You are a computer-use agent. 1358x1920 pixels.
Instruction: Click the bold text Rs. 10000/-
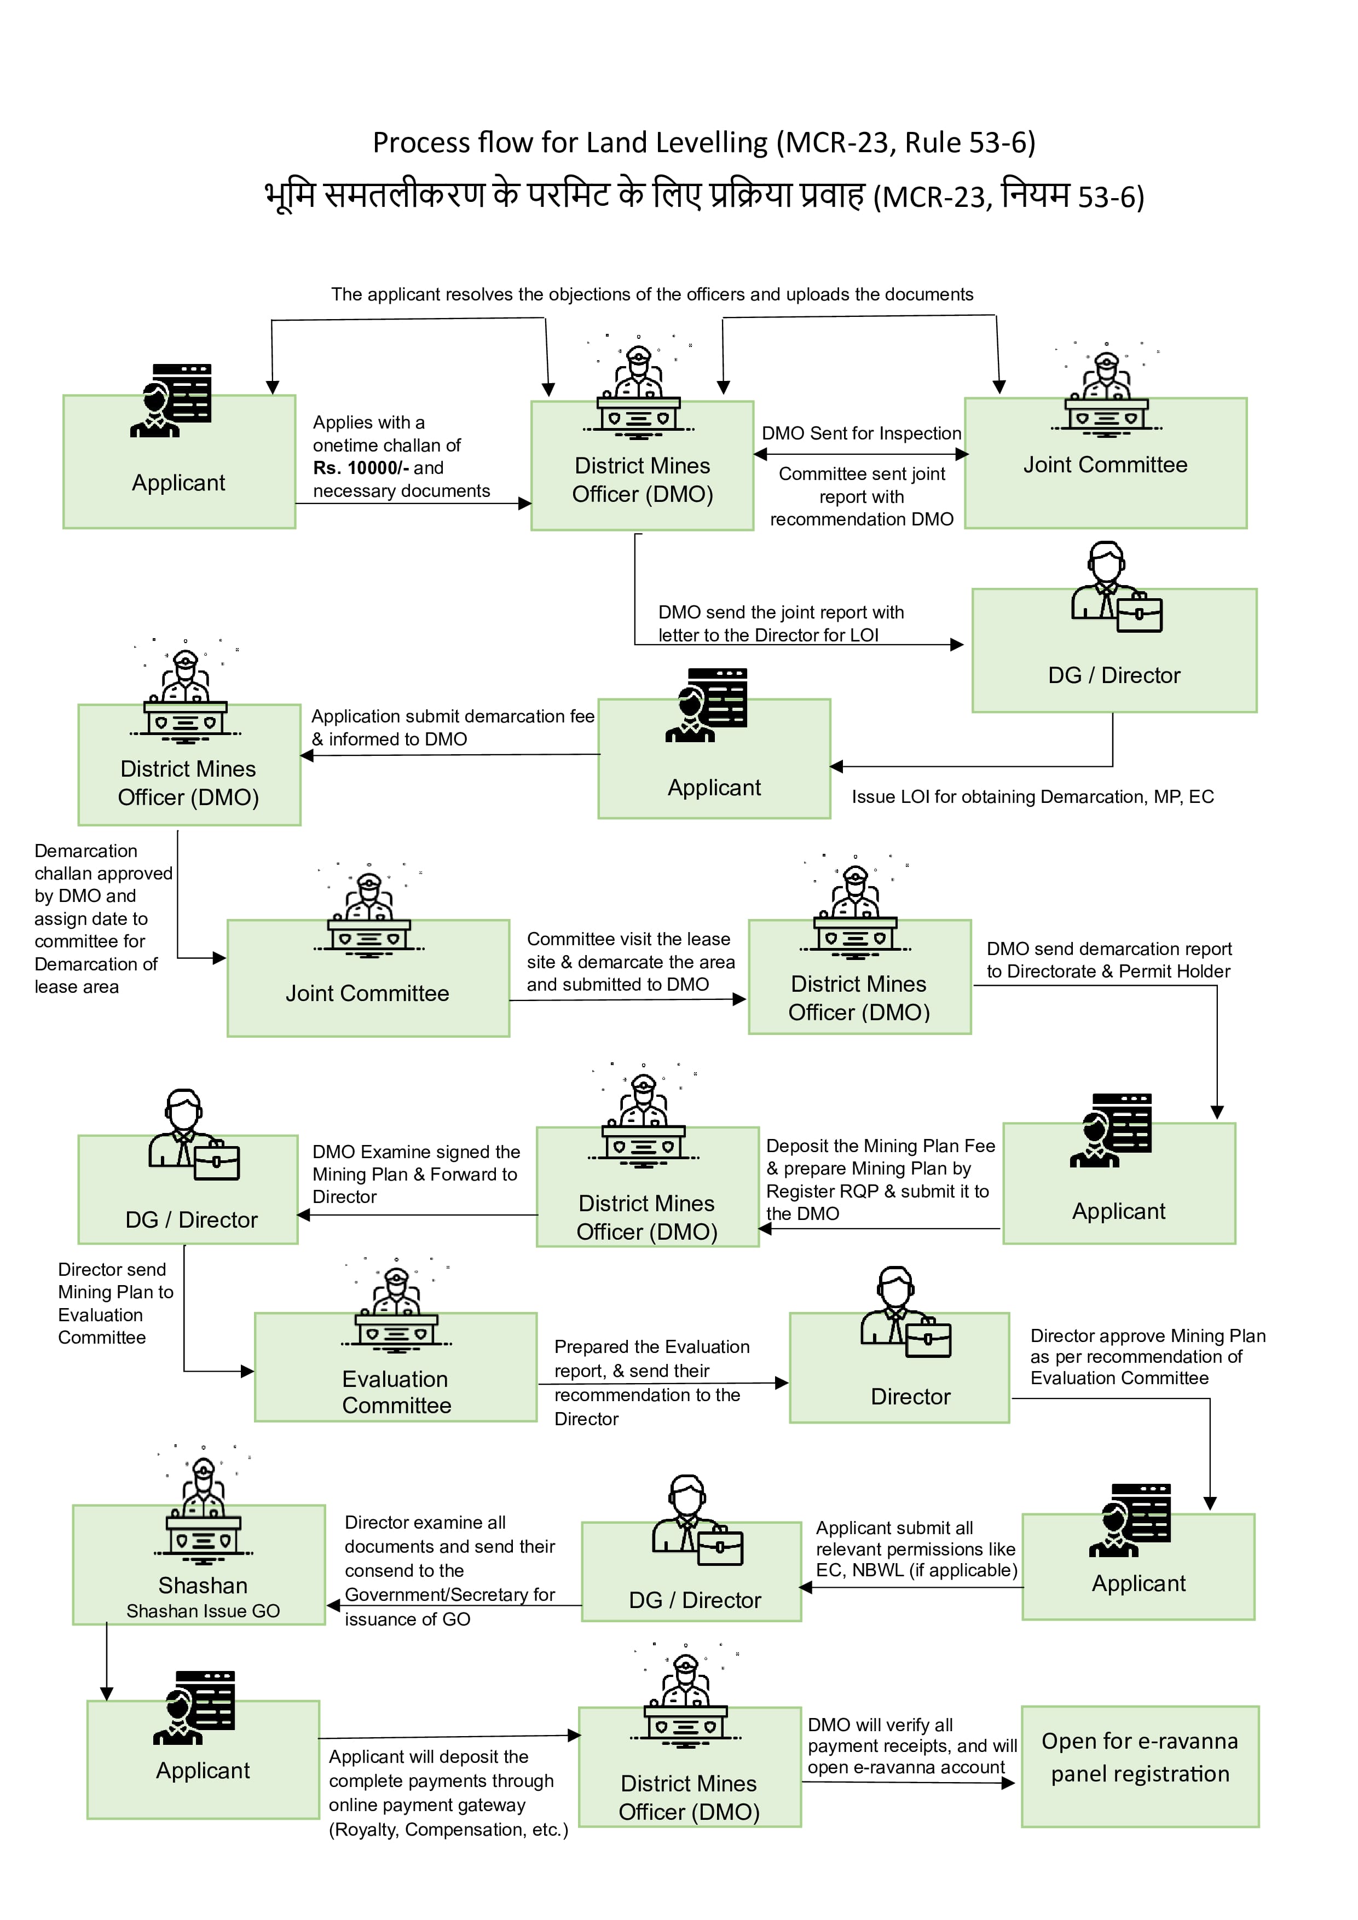pos(360,469)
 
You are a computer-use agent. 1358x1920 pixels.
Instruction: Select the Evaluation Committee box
pos(396,1367)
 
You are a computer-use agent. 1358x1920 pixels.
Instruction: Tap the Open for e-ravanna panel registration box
pos(1139,1766)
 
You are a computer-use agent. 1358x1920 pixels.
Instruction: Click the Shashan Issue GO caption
pos(203,1611)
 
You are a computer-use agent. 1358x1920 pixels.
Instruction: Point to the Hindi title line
pos(704,196)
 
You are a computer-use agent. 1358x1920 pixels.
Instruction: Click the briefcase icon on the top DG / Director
pos(1139,614)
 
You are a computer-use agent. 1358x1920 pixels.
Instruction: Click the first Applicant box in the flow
pos(179,461)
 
